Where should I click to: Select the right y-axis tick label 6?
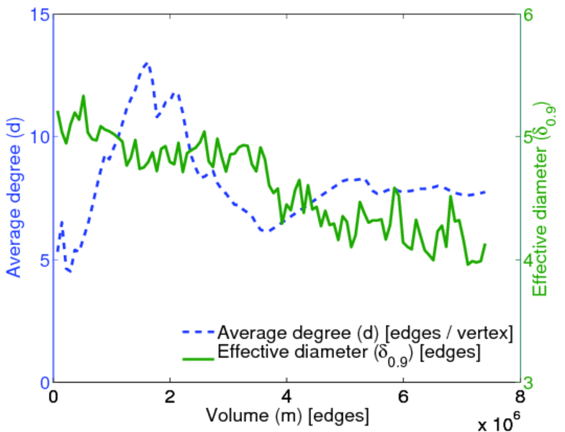[x=536, y=14]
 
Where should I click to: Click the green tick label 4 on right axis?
[x=536, y=260]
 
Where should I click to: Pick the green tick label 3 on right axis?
[x=536, y=382]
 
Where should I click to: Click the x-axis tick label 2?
[x=170, y=397]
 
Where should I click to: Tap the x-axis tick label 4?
[x=286, y=397]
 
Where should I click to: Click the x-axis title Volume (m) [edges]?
[x=287, y=416]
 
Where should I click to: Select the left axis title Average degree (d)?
[x=14, y=198]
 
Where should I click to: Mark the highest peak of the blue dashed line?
[x=147, y=63]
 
